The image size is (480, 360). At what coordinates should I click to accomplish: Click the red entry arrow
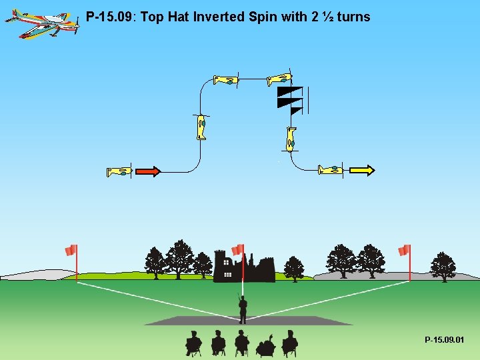click(148, 171)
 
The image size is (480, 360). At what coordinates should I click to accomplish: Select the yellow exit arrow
click(363, 170)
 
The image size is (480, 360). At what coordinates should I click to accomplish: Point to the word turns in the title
click(353, 17)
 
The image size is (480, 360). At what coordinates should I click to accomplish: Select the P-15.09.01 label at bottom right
click(445, 340)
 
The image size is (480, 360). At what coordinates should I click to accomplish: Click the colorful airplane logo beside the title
click(41, 23)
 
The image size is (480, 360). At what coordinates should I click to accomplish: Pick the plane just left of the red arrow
click(119, 171)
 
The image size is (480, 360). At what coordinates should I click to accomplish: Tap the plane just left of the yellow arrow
click(331, 170)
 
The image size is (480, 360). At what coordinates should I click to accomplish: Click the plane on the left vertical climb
click(201, 127)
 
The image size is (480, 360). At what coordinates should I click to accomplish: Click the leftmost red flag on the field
click(71, 251)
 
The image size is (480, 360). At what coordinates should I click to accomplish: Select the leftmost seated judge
click(193, 343)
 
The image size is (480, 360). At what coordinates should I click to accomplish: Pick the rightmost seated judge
click(289, 343)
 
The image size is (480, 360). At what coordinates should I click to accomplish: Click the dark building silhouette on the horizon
click(243, 268)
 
